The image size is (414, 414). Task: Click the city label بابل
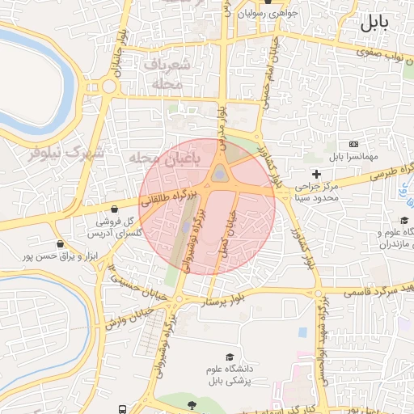(380, 22)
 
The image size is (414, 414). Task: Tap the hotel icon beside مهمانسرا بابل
(353, 144)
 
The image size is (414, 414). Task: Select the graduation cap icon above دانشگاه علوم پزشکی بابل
(230, 357)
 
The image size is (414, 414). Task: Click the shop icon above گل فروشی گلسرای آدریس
(115, 209)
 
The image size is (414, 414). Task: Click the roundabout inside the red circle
(219, 174)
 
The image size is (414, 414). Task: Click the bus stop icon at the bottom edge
(122, 409)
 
